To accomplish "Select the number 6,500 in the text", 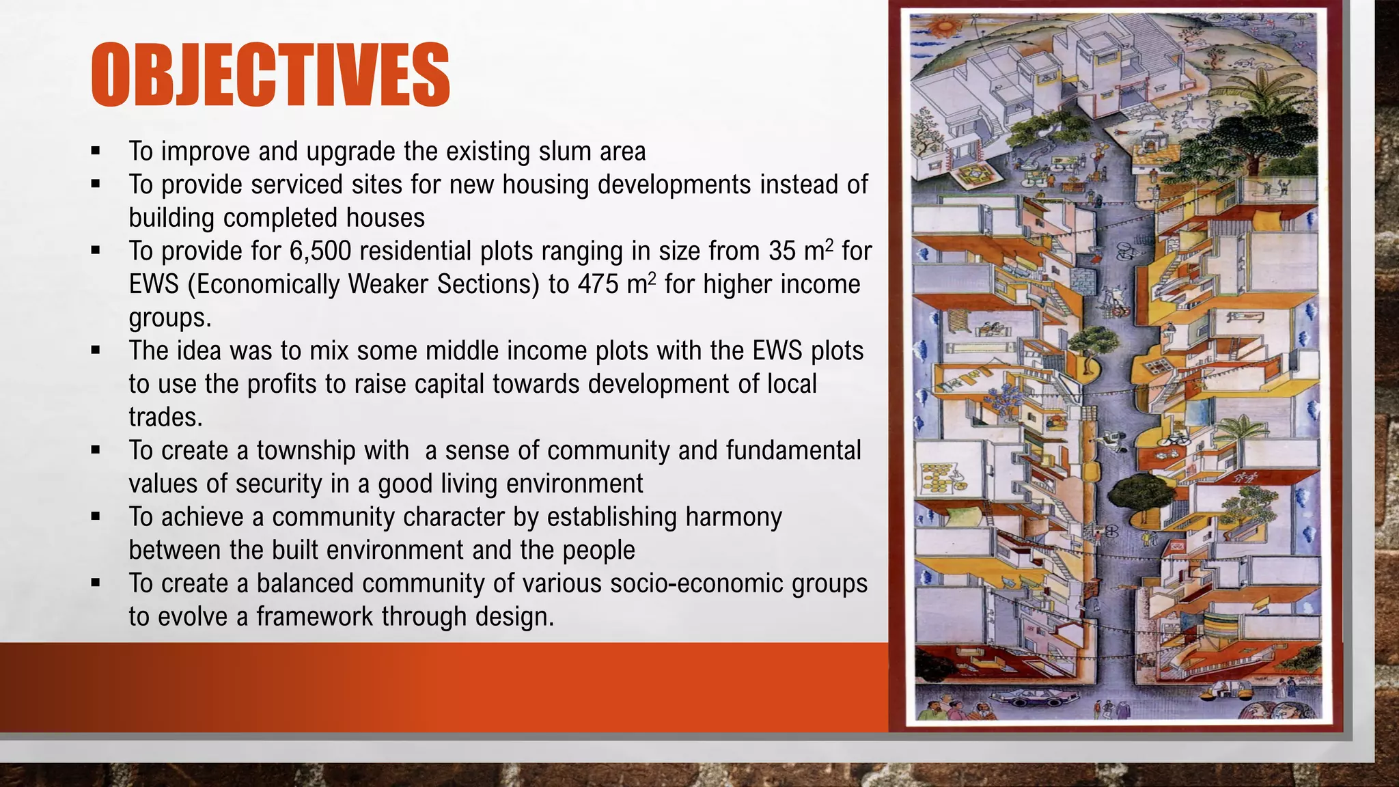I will pos(320,251).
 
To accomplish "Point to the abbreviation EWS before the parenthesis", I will pos(154,284).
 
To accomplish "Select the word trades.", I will pos(165,417).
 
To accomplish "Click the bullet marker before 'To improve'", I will pos(96,151).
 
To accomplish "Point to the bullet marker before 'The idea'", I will pos(96,350).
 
